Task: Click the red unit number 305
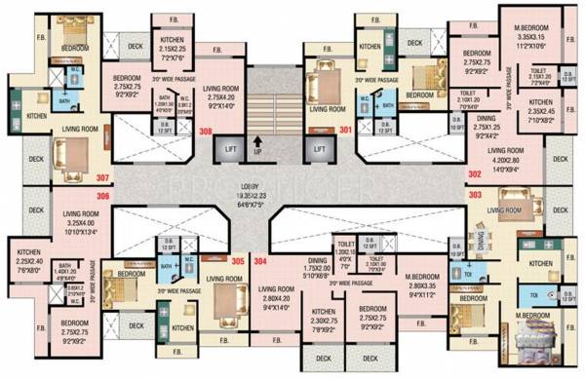coord(237,260)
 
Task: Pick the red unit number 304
coord(260,260)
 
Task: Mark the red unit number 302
coord(475,173)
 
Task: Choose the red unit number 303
coord(475,196)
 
